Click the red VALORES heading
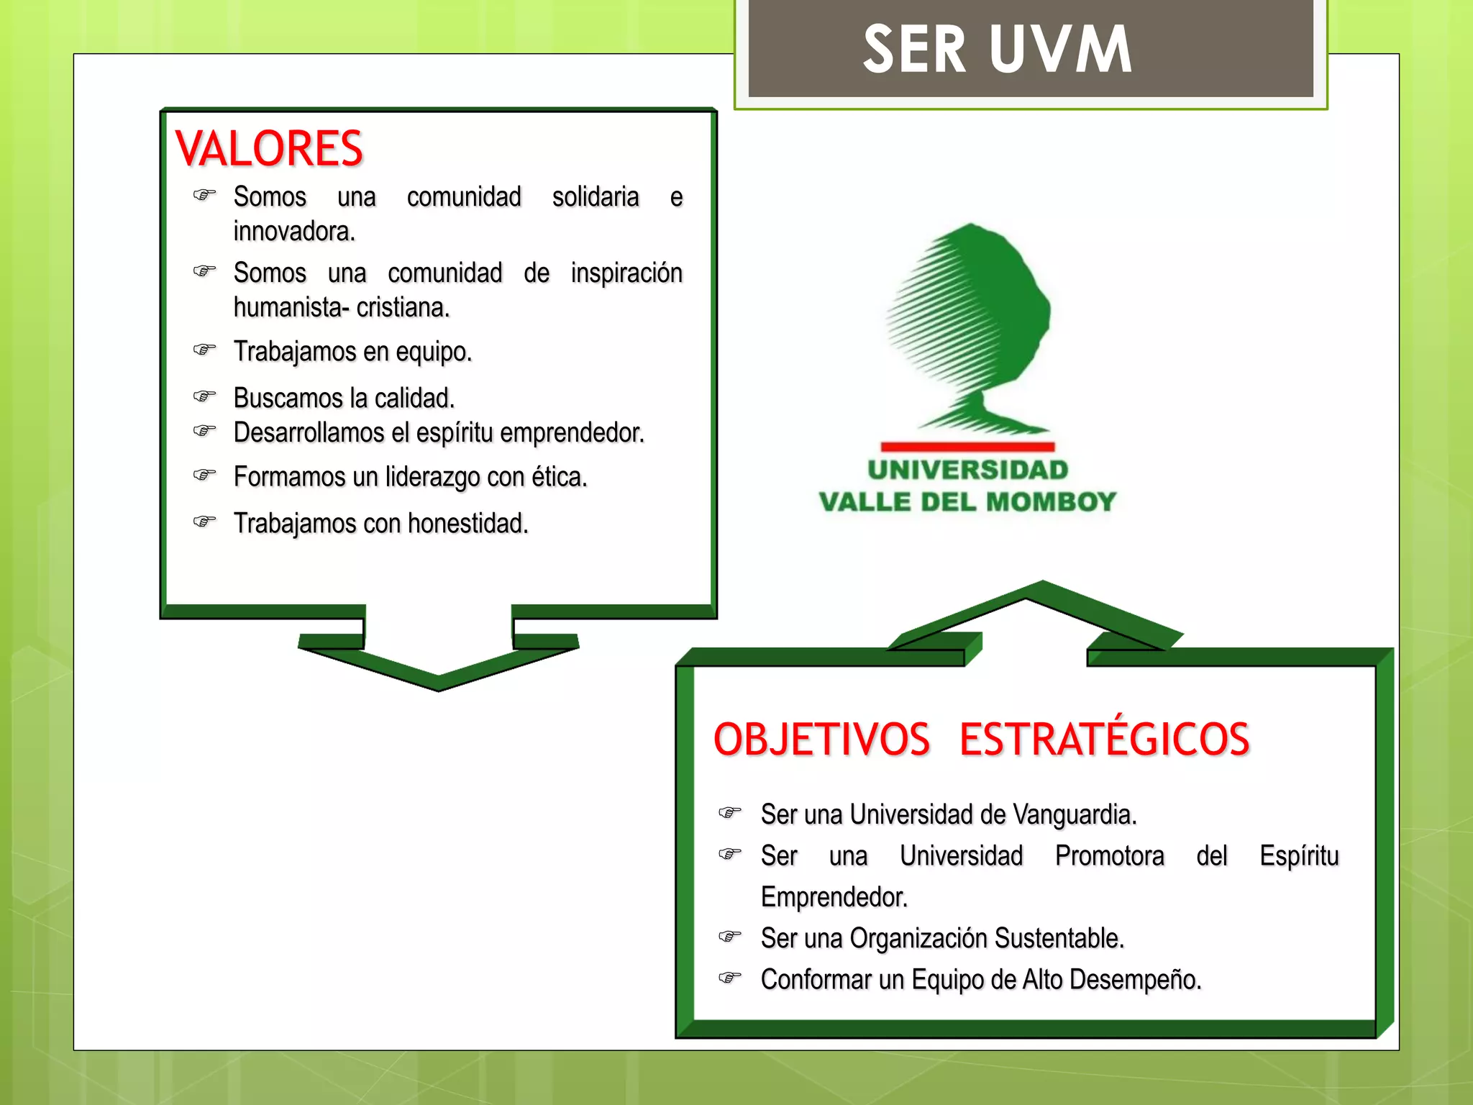tap(269, 149)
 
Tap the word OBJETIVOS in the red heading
tap(821, 740)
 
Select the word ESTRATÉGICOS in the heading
tap(1104, 740)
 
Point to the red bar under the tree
tap(967, 447)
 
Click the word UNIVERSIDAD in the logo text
tap(967, 470)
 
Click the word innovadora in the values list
tap(294, 232)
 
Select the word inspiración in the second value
tap(626, 273)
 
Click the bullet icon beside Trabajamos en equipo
tap(204, 350)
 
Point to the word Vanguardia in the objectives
tap(1075, 814)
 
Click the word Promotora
tap(1109, 856)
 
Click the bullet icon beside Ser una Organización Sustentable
tap(729, 937)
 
